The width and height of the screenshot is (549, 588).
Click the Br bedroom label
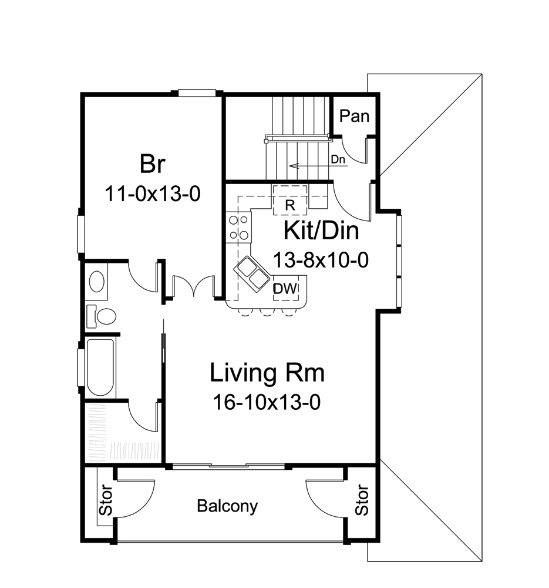point(151,164)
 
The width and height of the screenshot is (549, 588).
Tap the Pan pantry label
point(355,116)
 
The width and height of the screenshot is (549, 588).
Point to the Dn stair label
point(337,159)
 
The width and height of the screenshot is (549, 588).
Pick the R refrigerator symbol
point(289,204)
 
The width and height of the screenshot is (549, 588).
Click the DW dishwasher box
point(286,289)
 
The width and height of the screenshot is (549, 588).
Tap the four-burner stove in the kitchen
point(238,228)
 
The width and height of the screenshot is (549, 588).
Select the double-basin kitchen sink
point(252,273)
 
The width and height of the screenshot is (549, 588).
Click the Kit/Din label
point(321,230)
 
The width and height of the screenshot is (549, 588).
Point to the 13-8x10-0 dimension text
point(321,259)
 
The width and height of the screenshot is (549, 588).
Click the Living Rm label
point(267,373)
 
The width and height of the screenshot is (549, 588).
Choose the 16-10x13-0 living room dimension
point(267,403)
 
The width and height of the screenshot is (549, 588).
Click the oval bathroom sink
point(96,282)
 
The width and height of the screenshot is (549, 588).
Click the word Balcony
point(227,506)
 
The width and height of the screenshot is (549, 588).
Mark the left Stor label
point(105,500)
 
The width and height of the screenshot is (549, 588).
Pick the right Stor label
point(363,500)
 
